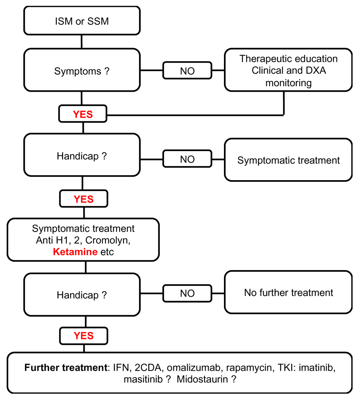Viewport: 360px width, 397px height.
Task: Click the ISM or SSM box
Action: pos(82,20)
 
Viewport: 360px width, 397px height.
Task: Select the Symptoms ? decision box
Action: pos(82,70)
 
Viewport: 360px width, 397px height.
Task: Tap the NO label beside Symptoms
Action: pos(187,70)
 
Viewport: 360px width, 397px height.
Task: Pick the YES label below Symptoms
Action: pos(83,114)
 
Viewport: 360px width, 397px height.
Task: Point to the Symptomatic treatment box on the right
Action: pos(288,160)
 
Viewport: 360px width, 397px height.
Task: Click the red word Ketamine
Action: pos(75,252)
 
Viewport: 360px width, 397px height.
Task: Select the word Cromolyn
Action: pos(108,240)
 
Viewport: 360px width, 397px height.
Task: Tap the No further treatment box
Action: pos(288,292)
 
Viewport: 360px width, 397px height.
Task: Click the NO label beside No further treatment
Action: pos(187,293)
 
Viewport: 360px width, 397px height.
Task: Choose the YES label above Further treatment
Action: pos(84,336)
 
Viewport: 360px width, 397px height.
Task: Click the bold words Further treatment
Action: pos(66,368)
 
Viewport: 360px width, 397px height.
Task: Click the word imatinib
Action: pos(317,368)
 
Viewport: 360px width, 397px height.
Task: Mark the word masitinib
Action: pos(143,379)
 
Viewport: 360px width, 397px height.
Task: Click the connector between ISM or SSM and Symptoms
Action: pos(82,41)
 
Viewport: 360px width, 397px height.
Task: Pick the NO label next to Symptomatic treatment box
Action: pos(187,159)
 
